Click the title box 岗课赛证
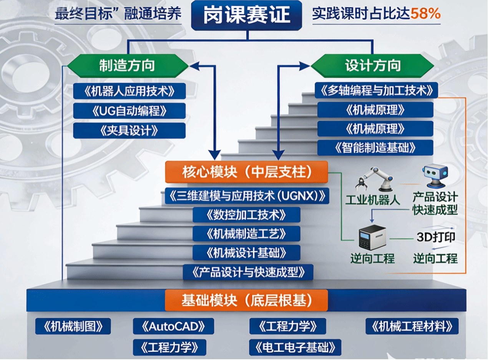tap(247, 15)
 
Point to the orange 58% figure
tap(425, 14)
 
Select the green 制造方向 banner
tap(127, 65)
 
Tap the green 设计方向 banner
tap(372, 65)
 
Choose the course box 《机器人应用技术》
tap(129, 91)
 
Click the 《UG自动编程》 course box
tap(129, 111)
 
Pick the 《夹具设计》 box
tap(129, 131)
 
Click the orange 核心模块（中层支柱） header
tap(246, 172)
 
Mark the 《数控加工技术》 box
tap(246, 215)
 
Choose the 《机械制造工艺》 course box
tap(246, 234)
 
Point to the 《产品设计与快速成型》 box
tap(248, 272)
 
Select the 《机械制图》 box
tap(73, 326)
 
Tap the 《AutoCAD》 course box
tap(173, 326)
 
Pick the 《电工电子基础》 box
tap(295, 347)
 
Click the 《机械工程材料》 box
tap(412, 326)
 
